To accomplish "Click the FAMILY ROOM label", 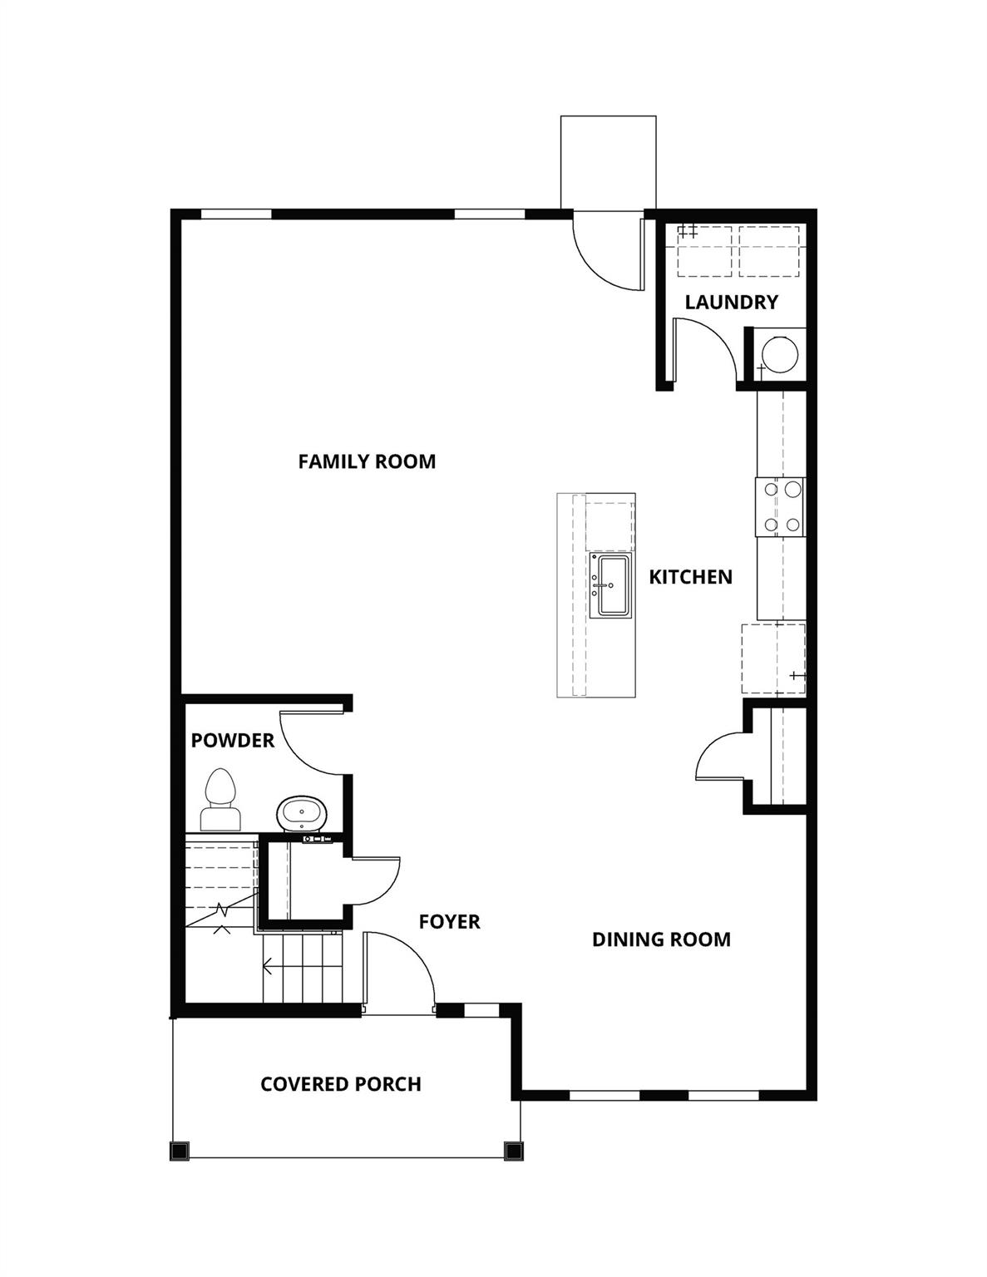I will [x=367, y=461].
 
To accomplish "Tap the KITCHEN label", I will [x=690, y=577].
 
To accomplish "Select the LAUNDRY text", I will [x=731, y=302].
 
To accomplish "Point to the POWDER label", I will [x=232, y=740].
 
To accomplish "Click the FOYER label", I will [x=449, y=921].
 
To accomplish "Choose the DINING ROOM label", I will [x=661, y=939].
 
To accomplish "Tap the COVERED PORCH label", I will [x=340, y=1084].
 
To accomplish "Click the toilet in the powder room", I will [x=220, y=801].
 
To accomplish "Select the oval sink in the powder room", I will [x=303, y=813].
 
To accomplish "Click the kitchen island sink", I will [x=611, y=585].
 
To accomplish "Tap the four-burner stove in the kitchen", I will [x=781, y=506].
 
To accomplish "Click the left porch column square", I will [x=180, y=1151].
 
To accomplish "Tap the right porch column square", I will [x=513, y=1151].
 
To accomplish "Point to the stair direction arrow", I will [x=269, y=966].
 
